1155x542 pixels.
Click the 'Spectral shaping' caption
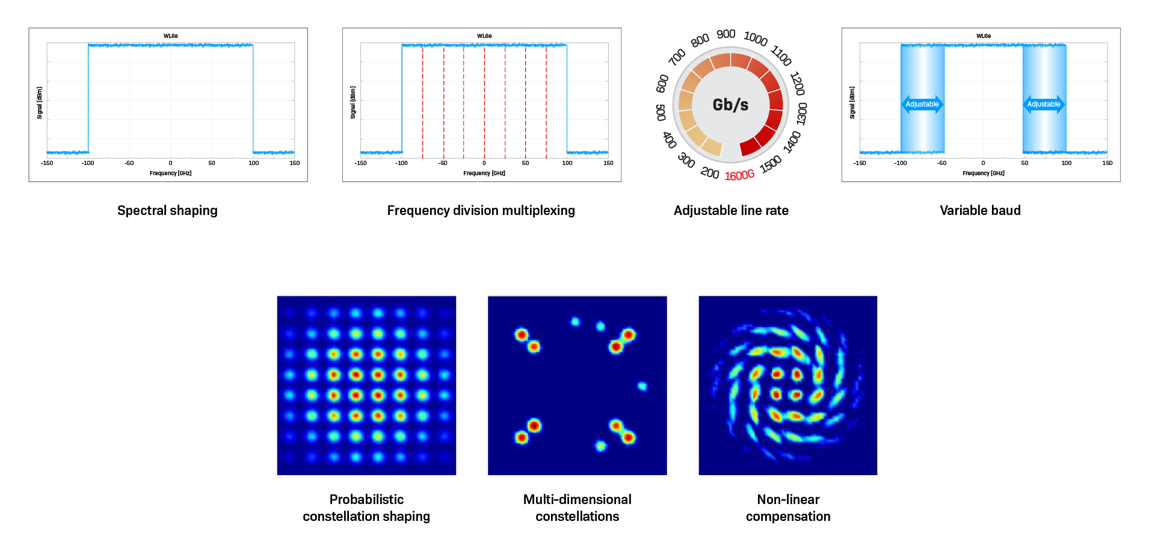click(x=167, y=210)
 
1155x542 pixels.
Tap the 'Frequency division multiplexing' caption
click(x=481, y=210)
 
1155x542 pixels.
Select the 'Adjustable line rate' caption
click(x=731, y=210)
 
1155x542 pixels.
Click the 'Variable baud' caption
click(x=980, y=210)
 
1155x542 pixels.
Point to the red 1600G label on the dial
click(x=739, y=175)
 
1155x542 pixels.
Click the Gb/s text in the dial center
click(x=730, y=105)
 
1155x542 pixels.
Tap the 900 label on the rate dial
click(x=726, y=34)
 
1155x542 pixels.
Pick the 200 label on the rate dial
click(x=710, y=173)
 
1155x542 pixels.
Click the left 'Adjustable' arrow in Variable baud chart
click(x=922, y=104)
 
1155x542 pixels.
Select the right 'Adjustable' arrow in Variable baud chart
click(x=1044, y=104)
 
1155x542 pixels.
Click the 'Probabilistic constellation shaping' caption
click(x=366, y=508)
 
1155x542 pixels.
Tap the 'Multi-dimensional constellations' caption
click(x=577, y=508)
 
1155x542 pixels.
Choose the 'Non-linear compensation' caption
click(x=788, y=508)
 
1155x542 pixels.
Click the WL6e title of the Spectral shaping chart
click(x=171, y=36)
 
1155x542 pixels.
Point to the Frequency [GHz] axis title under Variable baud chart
click(x=984, y=173)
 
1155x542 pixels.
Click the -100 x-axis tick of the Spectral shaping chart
click(x=88, y=163)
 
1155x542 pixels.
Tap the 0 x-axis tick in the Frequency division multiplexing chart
click(x=484, y=163)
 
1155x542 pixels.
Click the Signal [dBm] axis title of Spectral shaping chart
click(x=40, y=103)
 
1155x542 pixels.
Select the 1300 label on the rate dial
click(x=802, y=113)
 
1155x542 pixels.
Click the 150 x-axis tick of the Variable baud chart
click(x=1107, y=163)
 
